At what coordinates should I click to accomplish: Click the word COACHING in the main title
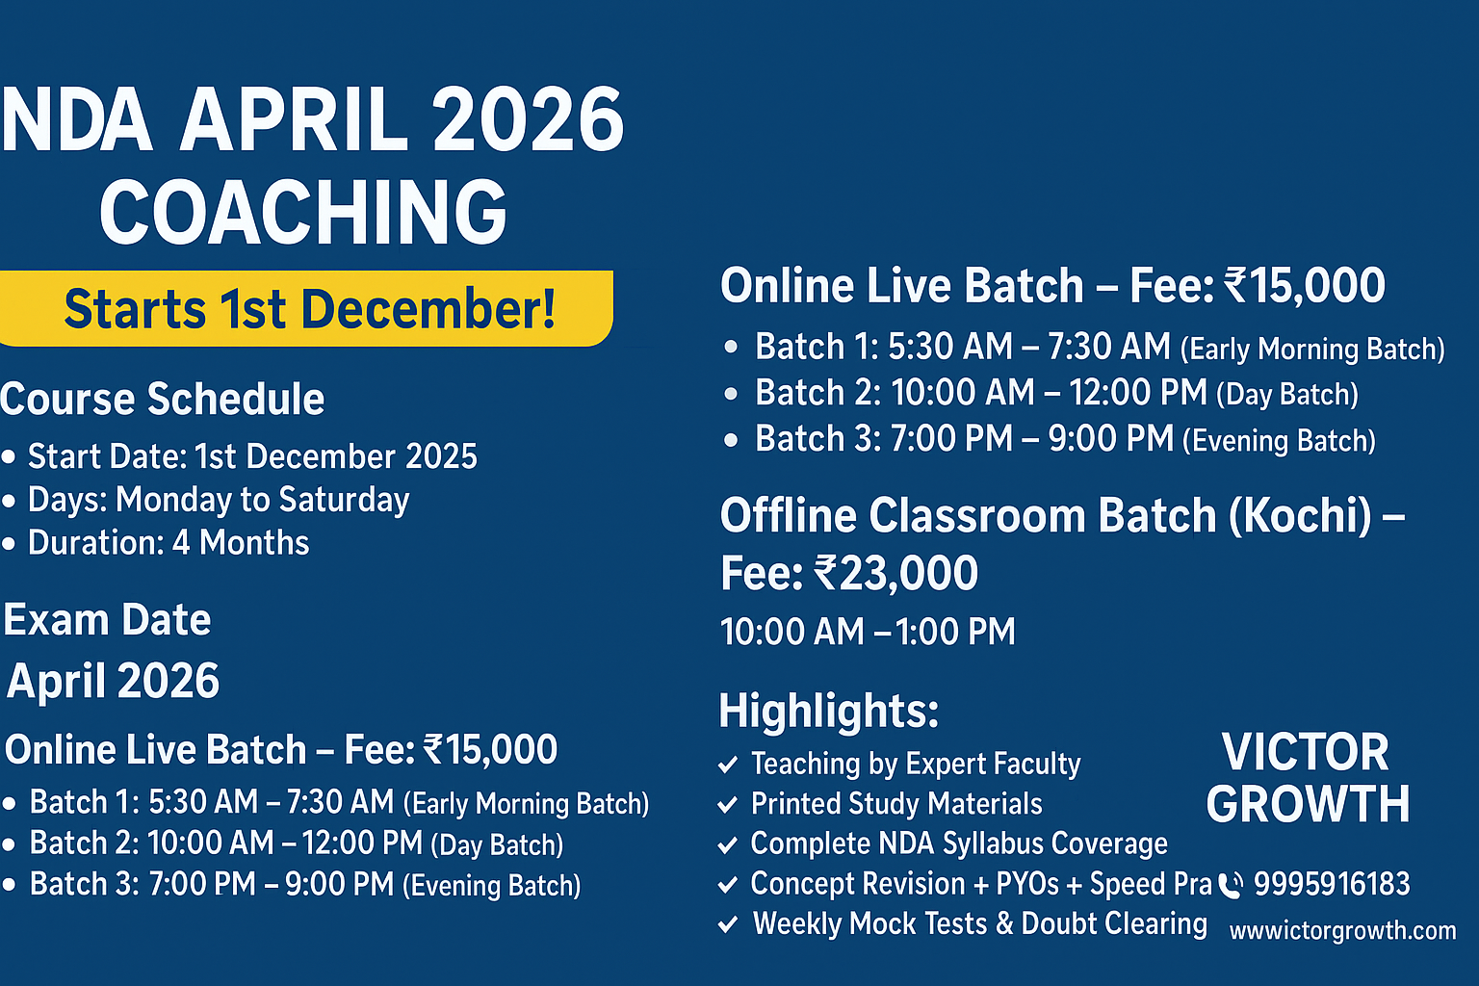pos(303,213)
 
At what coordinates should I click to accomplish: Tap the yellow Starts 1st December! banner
pos(306,309)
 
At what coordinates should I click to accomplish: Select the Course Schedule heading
pos(163,400)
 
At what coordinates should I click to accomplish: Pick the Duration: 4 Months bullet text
pos(169,543)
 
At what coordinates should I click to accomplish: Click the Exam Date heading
pos(107,620)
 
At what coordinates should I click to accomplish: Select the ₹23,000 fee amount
pos(896,574)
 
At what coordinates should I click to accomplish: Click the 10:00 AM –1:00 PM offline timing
pos(868,633)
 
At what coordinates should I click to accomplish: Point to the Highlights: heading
pos(828,712)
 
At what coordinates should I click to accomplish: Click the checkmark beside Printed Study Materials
pos(728,805)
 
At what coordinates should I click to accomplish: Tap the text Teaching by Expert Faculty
pos(915,764)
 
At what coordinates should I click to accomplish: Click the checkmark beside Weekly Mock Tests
pos(728,925)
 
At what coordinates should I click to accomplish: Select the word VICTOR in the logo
pos(1305,752)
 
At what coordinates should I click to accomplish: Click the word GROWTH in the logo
pos(1308,804)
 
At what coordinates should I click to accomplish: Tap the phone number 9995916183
pos(1332,884)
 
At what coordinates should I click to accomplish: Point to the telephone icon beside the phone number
pos(1231,885)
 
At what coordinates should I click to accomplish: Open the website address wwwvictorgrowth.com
pos(1342,931)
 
